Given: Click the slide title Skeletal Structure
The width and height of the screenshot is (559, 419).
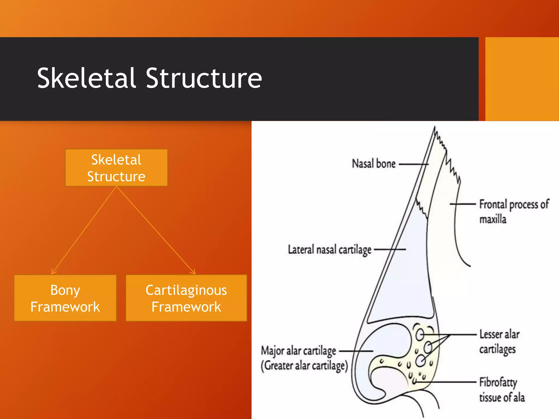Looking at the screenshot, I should click(x=149, y=79).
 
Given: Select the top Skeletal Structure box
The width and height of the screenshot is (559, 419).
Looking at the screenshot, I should click(x=116, y=167).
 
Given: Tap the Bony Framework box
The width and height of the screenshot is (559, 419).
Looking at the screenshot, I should click(x=65, y=298).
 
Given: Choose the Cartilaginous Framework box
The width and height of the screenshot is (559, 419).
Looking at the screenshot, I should click(x=186, y=298).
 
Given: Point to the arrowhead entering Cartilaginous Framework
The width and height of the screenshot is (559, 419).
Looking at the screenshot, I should click(x=194, y=272).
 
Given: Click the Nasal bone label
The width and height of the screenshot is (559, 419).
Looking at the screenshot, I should click(x=373, y=164).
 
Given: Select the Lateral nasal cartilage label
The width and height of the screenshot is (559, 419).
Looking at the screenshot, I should click(x=329, y=250).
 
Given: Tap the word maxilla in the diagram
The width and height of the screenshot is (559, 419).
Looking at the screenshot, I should click(x=493, y=219).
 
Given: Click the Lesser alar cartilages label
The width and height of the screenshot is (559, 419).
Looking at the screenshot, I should click(x=499, y=342).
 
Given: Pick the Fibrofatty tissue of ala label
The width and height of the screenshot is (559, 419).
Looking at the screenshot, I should click(x=501, y=390).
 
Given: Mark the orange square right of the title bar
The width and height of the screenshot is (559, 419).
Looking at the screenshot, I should click(x=522, y=79).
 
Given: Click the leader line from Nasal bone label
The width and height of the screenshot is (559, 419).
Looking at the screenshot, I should click(x=413, y=164).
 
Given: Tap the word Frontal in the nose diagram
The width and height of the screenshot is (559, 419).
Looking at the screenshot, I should click(x=493, y=204).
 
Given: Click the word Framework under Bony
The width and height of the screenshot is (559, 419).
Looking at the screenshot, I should click(x=65, y=307).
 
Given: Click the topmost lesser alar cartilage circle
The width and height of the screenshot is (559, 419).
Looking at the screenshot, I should click(x=420, y=334).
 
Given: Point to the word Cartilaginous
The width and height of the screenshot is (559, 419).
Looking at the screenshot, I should click(x=186, y=290).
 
